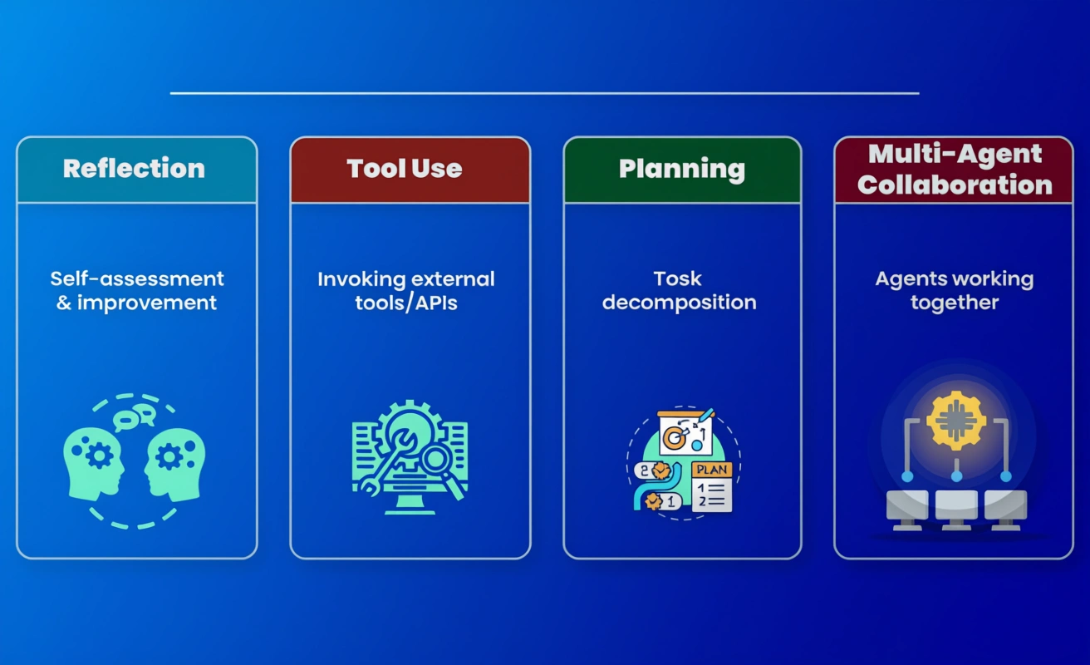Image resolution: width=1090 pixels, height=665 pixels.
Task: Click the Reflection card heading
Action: pos(134,169)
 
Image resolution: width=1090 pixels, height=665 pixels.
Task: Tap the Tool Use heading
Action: pos(405,169)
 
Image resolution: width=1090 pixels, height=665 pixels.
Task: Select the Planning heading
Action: pos(682,170)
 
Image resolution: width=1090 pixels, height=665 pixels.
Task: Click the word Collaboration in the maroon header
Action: pos(955,185)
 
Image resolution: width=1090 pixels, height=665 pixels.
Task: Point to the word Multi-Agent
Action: pos(955,155)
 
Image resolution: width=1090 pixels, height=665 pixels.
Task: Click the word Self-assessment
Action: pos(137,279)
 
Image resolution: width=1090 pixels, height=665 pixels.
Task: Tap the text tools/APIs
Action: pos(406,303)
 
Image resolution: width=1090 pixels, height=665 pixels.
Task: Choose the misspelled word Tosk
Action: pos(677,279)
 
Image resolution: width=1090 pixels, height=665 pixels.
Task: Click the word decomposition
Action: pos(680,303)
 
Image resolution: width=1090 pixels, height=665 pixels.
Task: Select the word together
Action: pos(955,303)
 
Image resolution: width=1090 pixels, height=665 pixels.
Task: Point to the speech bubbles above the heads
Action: pos(135,417)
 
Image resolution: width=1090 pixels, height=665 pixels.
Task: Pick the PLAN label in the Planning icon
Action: pos(712,470)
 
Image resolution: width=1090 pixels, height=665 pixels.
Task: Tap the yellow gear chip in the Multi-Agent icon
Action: pos(956,421)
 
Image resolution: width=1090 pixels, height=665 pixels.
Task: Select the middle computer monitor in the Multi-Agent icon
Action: pos(956,510)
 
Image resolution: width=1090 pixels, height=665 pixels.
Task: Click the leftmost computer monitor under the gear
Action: pos(907,510)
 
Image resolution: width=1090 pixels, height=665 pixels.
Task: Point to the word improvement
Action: pos(146,303)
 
